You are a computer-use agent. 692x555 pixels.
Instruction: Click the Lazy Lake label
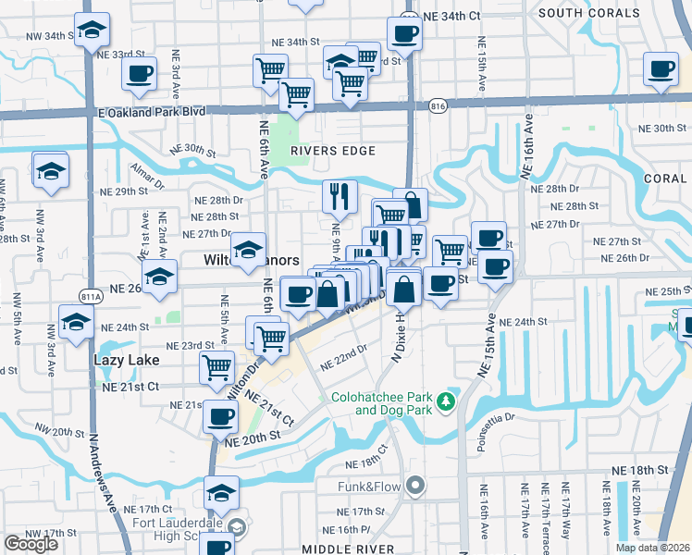click(x=127, y=360)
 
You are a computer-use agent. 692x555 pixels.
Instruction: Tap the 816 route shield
click(x=439, y=107)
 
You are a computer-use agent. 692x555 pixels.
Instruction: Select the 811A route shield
click(x=91, y=297)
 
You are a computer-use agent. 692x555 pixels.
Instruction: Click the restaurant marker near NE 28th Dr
click(x=340, y=195)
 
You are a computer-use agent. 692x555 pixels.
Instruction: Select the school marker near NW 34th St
click(x=92, y=31)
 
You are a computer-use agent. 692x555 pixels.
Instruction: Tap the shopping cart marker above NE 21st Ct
click(x=217, y=367)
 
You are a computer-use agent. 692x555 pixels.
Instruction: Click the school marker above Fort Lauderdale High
click(x=221, y=493)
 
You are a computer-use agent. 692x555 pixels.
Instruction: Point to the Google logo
click(x=31, y=544)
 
